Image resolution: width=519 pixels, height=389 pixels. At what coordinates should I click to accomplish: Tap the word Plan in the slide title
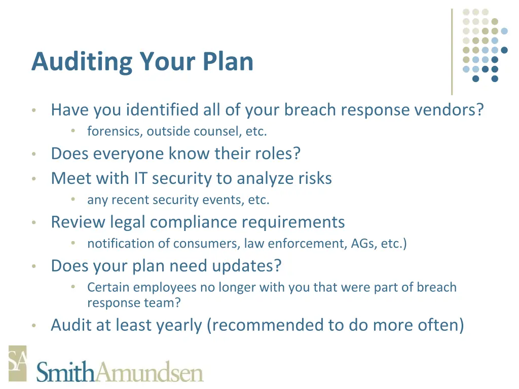[229, 62]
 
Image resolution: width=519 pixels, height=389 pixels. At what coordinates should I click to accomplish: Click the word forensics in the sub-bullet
[115, 131]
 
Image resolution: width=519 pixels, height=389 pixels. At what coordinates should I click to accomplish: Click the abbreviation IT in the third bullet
[140, 178]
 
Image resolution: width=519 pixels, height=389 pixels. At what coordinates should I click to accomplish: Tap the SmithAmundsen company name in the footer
[120, 372]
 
